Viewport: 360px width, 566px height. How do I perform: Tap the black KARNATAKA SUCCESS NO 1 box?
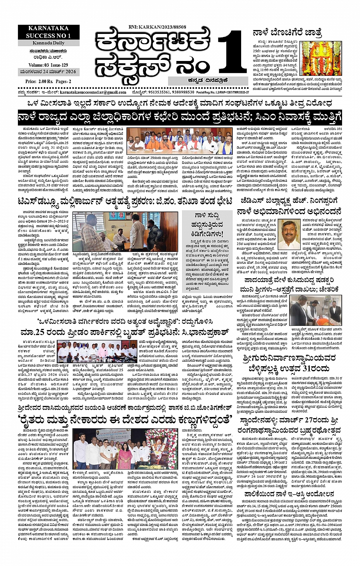pyautogui.click(x=48, y=32)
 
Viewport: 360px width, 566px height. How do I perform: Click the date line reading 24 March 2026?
pyautogui.click(x=48, y=72)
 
